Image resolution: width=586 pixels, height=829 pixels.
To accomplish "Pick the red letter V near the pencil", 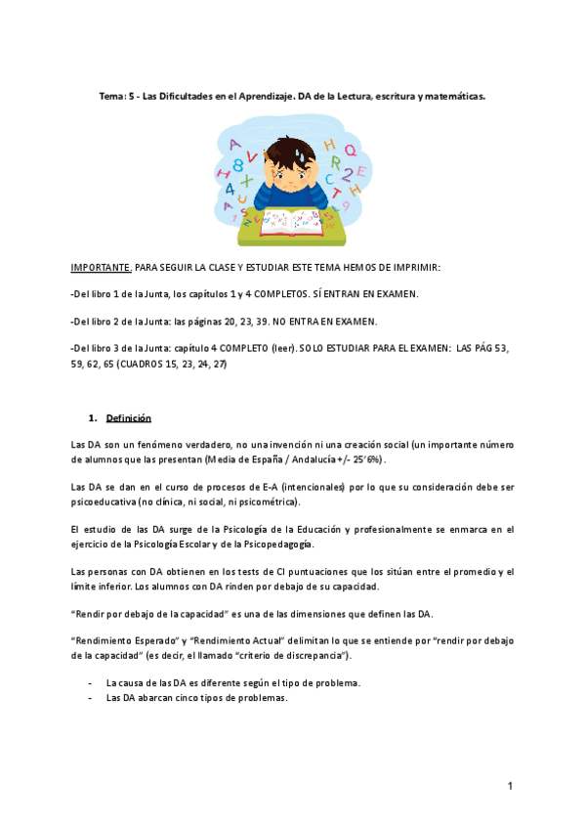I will click(x=254, y=154).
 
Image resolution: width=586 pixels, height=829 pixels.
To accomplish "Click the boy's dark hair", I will click(x=291, y=147).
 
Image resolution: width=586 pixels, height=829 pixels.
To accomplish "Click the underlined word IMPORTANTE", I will click(x=102, y=267).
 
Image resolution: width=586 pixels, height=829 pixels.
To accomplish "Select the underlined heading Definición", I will click(x=129, y=418).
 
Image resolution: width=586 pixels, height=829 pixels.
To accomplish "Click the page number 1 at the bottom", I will click(x=510, y=786).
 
